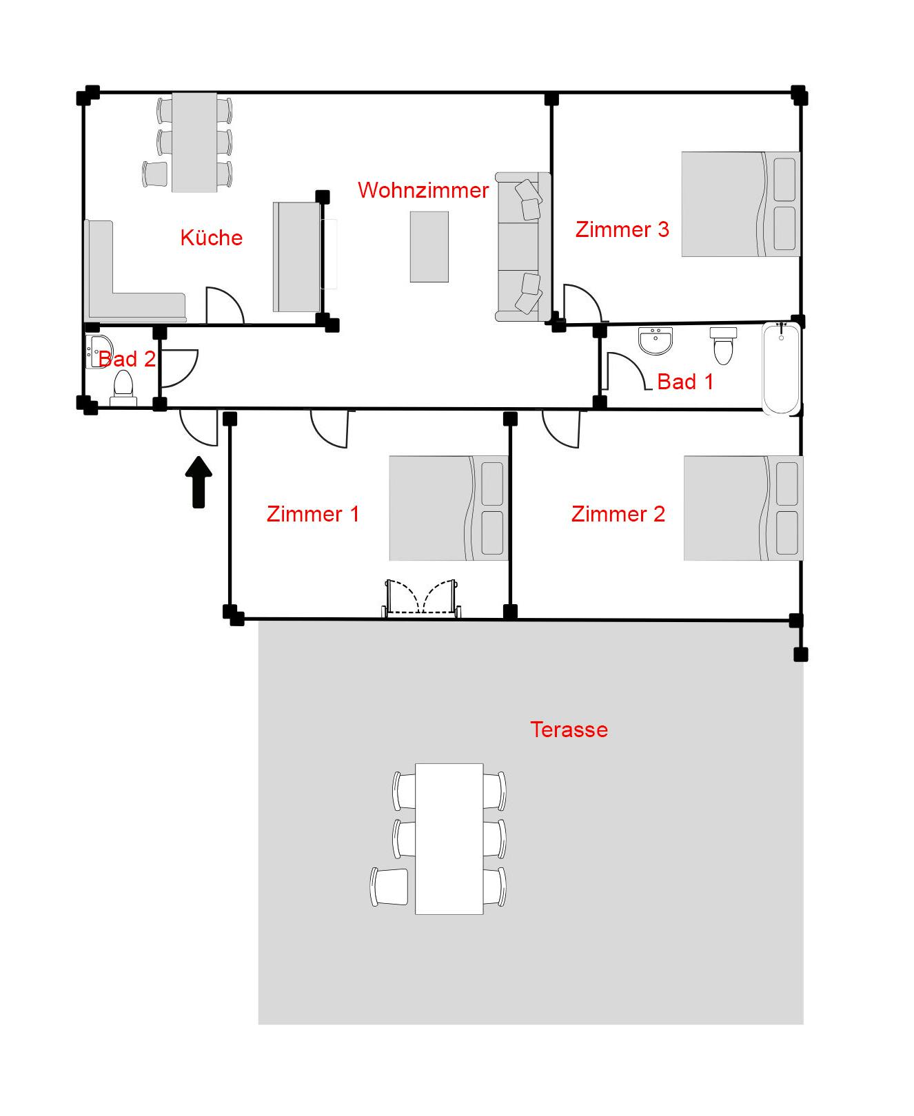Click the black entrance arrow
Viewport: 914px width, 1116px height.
pyautogui.click(x=199, y=482)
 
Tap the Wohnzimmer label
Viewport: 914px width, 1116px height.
pyautogui.click(x=423, y=190)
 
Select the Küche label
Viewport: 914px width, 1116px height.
pyautogui.click(x=212, y=238)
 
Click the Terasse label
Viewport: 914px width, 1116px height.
pyautogui.click(x=569, y=730)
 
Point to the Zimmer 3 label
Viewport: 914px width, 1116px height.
pyautogui.click(x=622, y=229)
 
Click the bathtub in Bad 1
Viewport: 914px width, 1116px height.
pyautogui.click(x=781, y=369)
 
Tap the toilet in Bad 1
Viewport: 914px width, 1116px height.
pyautogui.click(x=723, y=345)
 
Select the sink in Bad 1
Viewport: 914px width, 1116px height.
pyautogui.click(x=655, y=341)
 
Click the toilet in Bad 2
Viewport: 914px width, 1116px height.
pyautogui.click(x=123, y=387)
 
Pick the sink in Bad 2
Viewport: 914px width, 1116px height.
pyautogui.click(x=98, y=352)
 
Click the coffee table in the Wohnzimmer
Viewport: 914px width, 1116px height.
pyautogui.click(x=429, y=247)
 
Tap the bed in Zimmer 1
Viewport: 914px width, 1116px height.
pyautogui.click(x=449, y=508)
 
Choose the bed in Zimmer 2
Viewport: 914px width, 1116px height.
pyautogui.click(x=743, y=508)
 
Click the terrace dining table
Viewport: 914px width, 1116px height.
pyautogui.click(x=449, y=839)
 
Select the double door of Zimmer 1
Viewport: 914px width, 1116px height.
pyautogui.click(x=422, y=598)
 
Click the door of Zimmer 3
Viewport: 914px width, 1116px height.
pyautogui.click(x=583, y=304)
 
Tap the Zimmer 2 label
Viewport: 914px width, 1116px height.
pyautogui.click(x=618, y=514)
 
